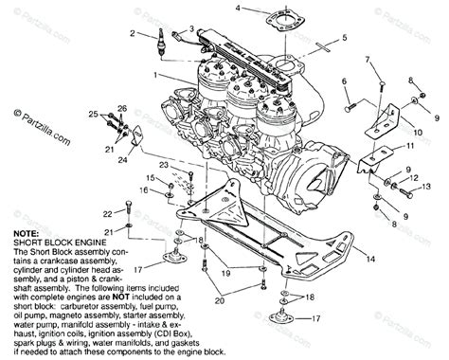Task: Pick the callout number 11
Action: coord(409,149)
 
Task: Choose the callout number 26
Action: coord(121,108)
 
